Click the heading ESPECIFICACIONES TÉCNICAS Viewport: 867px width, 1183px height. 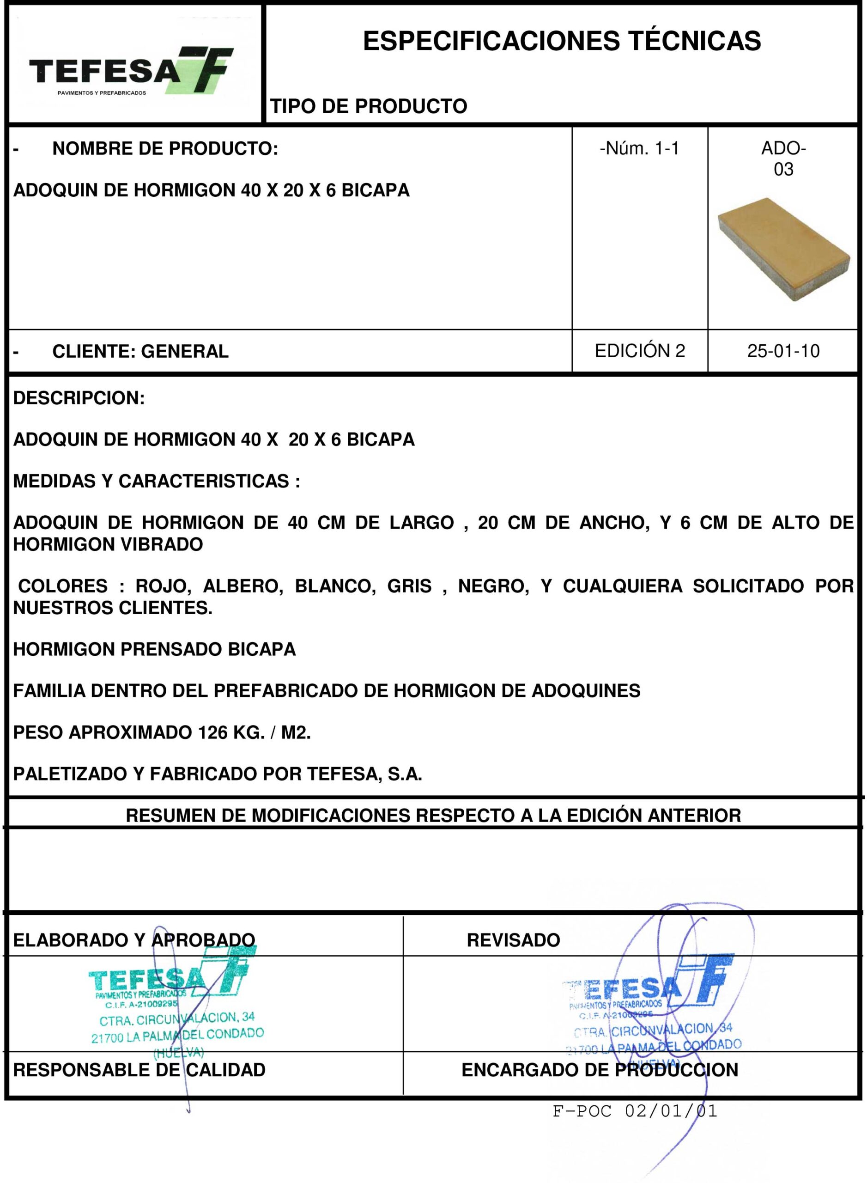point(562,41)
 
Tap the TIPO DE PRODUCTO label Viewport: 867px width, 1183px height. point(369,106)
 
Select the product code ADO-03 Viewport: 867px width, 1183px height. point(783,159)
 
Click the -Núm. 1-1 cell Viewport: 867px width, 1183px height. point(639,149)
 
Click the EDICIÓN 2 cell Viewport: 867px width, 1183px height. point(640,351)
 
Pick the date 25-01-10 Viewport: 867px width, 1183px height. point(783,351)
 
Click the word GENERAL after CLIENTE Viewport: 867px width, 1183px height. point(185,351)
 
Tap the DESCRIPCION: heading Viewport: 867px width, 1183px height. point(79,398)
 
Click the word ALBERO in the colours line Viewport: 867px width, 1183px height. point(243,585)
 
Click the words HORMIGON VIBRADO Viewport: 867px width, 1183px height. point(108,544)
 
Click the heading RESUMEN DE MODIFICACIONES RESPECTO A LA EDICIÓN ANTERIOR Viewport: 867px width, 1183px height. point(433,816)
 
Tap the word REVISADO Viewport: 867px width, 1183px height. point(513,940)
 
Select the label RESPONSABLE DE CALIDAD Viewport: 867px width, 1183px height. point(139,1070)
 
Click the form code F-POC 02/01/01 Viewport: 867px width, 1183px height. point(635,1111)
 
